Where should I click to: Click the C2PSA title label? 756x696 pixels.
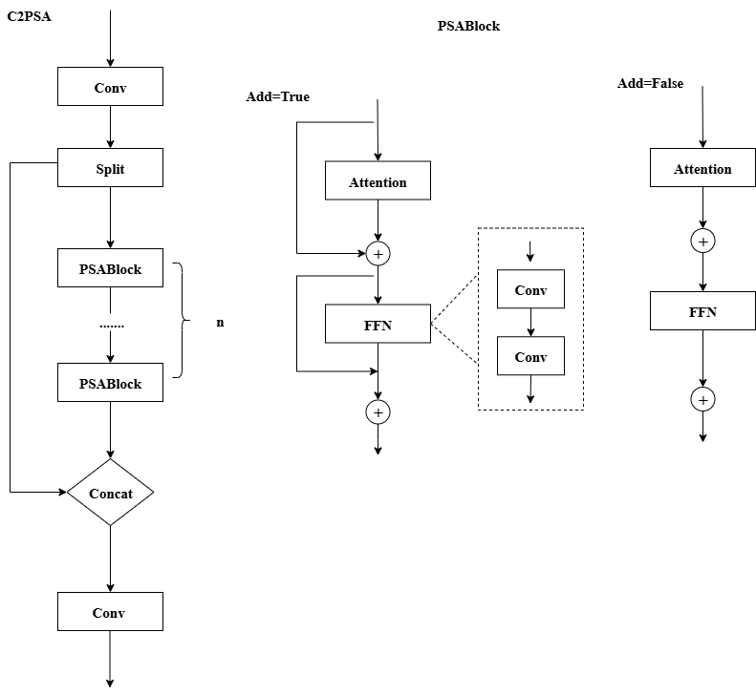coord(28,16)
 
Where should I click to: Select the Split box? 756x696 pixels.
coord(110,168)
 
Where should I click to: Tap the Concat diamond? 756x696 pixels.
coord(110,493)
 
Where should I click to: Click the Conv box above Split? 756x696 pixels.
coord(110,87)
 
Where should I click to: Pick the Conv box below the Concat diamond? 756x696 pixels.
coord(110,612)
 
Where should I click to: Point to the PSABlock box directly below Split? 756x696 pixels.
coord(110,268)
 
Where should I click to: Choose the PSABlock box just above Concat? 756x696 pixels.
coord(110,383)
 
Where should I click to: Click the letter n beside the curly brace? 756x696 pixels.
coord(220,323)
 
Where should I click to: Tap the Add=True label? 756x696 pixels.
coord(277,96)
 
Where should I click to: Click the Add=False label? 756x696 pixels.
coord(650,83)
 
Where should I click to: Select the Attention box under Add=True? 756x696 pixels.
coord(378,181)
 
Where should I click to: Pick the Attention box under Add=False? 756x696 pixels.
coord(702,168)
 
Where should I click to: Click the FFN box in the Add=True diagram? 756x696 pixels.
coord(378,325)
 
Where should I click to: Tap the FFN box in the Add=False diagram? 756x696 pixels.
coord(702,311)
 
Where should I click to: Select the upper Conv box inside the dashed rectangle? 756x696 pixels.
coord(530,289)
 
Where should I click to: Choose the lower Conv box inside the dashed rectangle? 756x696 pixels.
coord(530,356)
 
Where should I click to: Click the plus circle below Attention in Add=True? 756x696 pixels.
coord(378,253)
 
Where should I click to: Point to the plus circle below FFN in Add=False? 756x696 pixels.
coord(702,399)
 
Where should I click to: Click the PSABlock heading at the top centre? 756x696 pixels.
coord(468,26)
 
